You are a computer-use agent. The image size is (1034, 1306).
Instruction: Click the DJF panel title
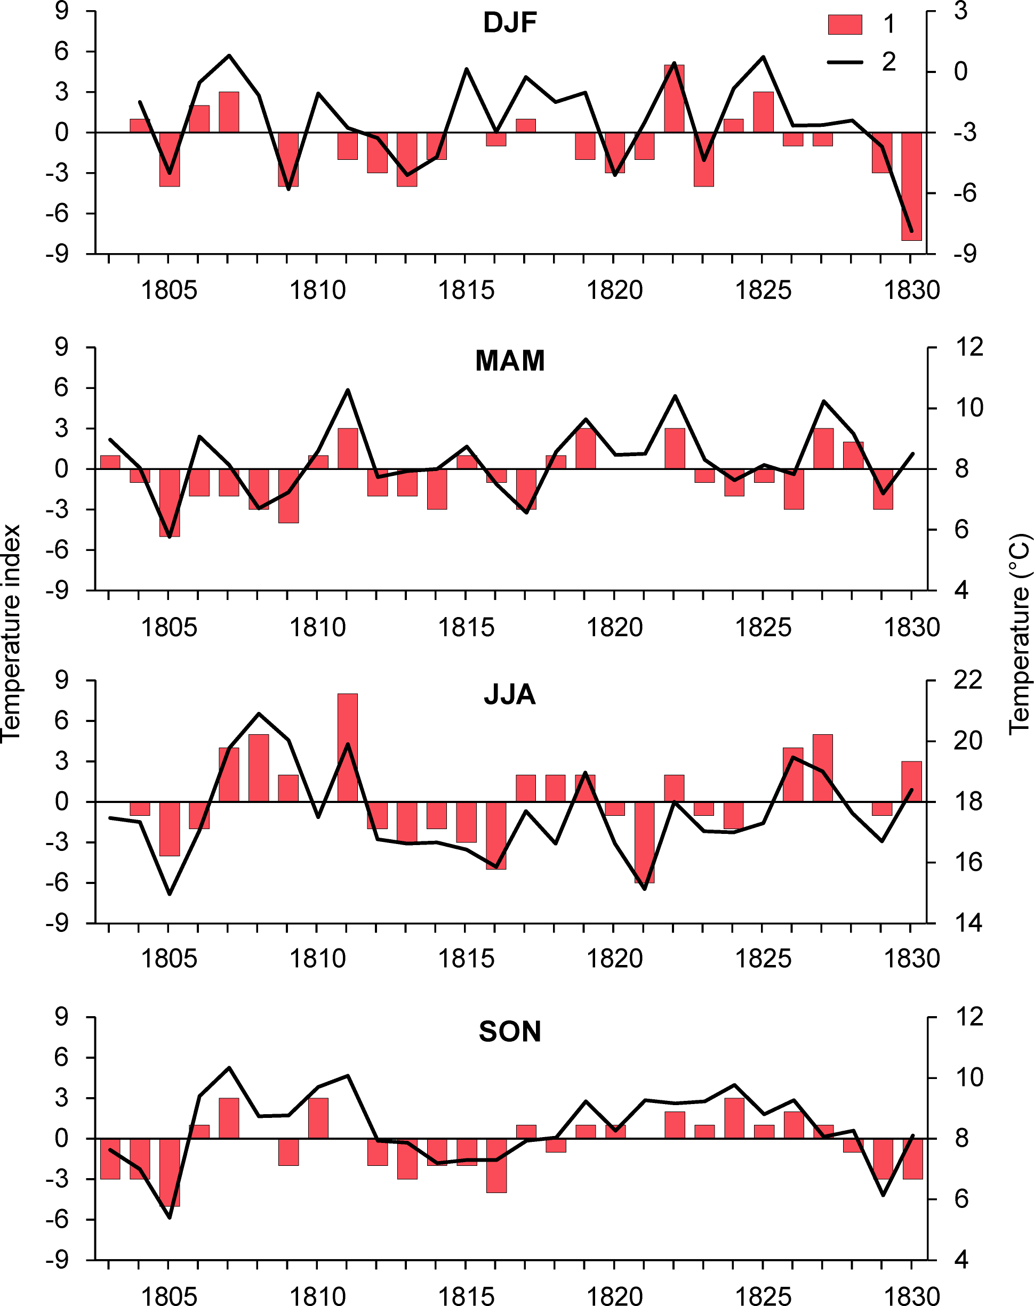[x=510, y=23]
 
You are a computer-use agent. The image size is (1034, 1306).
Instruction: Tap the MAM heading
[x=510, y=361]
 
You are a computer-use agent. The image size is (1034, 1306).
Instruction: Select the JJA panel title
[x=510, y=694]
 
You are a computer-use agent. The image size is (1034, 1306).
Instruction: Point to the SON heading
[x=510, y=1032]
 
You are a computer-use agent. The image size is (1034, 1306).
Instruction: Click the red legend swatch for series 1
[x=845, y=25]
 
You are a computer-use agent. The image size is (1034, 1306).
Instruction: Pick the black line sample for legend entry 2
[x=845, y=62]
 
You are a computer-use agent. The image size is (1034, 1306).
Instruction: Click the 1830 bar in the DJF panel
[x=911, y=186]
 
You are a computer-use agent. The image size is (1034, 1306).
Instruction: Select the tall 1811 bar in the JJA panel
[x=348, y=748]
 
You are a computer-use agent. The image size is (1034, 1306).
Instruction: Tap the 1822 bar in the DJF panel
[x=674, y=99]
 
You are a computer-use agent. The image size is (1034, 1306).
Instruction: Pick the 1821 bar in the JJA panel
[x=644, y=842]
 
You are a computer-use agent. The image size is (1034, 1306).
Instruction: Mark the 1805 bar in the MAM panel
[x=170, y=502]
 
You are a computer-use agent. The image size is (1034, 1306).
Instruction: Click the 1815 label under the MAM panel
[x=466, y=628]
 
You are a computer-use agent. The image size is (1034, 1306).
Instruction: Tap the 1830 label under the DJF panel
[x=911, y=291]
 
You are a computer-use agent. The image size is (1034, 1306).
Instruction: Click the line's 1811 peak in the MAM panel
[x=348, y=390]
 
